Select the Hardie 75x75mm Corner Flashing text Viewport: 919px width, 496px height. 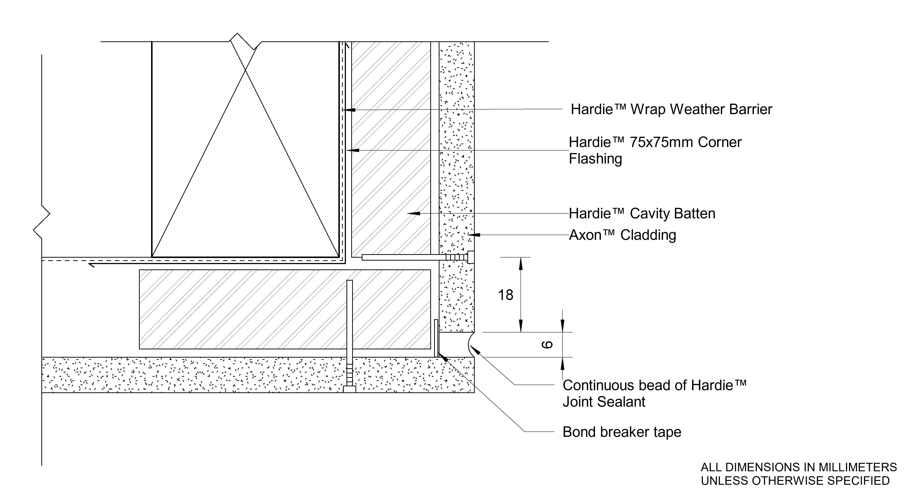pos(655,150)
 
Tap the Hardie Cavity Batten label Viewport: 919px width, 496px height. pos(642,214)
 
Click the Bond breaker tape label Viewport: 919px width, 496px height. pos(622,432)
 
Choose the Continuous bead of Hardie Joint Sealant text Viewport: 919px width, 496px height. pos(654,393)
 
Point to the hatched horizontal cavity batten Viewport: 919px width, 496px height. pos(285,309)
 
